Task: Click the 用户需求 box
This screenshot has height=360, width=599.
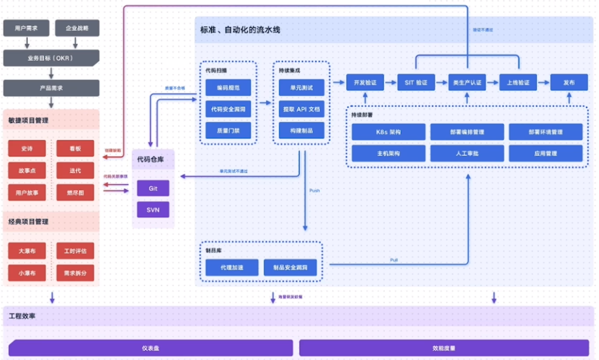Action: coord(26,28)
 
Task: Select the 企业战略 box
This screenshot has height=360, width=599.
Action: coord(77,28)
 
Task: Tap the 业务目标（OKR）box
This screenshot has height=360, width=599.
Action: coord(51,58)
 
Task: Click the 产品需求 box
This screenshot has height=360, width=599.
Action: coord(51,88)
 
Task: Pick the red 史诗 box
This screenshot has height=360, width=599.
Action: coord(27,149)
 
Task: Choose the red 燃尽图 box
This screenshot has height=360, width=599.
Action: coord(75,192)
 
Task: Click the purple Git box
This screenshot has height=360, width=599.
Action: coord(153,188)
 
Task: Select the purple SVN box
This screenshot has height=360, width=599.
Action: coord(153,209)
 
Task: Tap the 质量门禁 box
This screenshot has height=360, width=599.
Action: coord(228,130)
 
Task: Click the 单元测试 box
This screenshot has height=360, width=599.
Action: coord(301,87)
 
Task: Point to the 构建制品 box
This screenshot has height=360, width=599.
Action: coord(301,130)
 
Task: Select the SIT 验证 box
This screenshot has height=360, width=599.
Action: coord(416,82)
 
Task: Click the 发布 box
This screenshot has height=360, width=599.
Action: coord(569,82)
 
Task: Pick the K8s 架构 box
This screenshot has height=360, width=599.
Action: coord(388,132)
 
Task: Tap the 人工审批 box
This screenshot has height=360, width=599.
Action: coord(467,153)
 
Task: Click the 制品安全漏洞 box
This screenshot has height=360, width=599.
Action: coord(290,267)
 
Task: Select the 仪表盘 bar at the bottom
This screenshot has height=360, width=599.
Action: coord(150,348)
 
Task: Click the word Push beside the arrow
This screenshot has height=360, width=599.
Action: coord(314,191)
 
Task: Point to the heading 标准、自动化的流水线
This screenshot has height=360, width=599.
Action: coord(240,30)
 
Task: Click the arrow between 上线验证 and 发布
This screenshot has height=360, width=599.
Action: coord(544,82)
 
